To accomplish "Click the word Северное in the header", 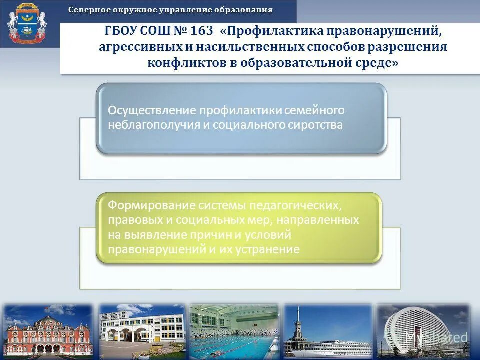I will coord(88,10).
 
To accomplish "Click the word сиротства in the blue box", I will coord(315,125).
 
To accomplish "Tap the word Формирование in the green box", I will coord(150,205).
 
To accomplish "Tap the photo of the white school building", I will coord(142,330).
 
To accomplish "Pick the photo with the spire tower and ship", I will coord(328,330).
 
